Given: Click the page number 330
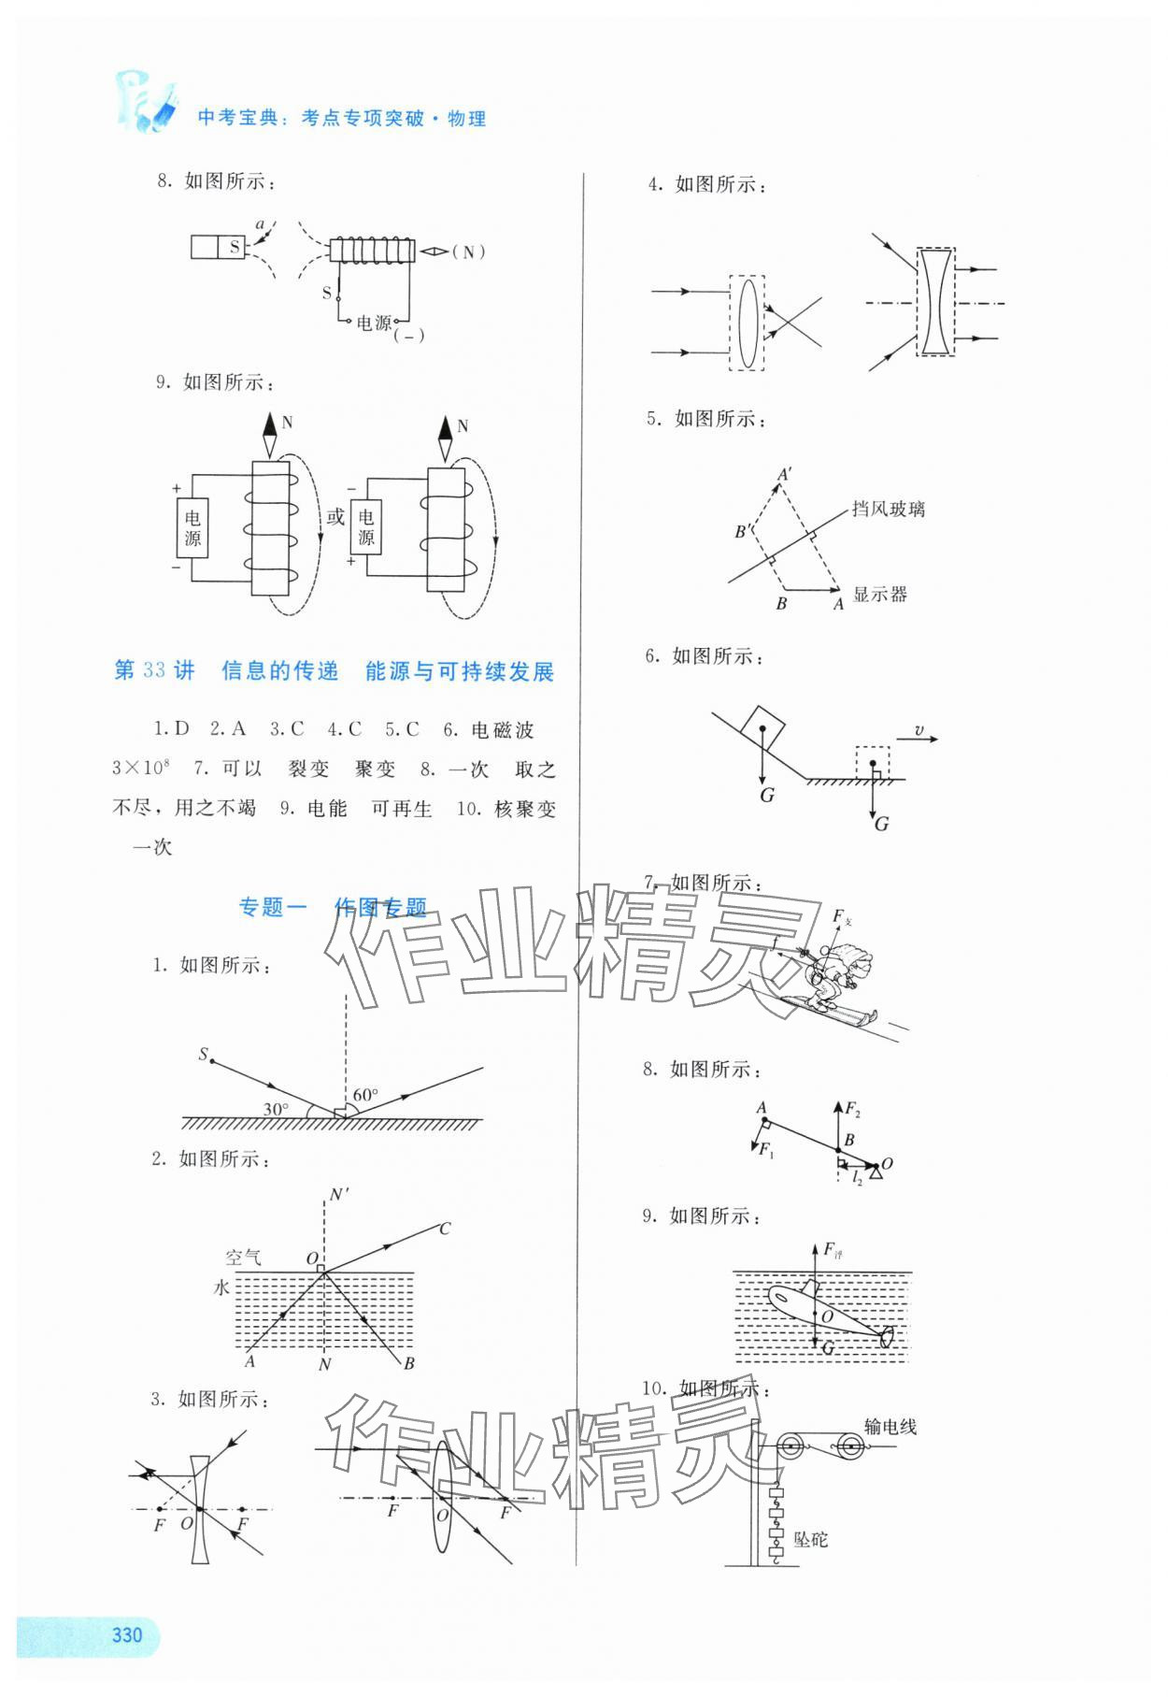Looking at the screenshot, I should click(x=126, y=1633).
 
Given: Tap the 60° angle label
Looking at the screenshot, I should click(x=365, y=1094).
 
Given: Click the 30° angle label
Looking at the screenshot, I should click(x=275, y=1109).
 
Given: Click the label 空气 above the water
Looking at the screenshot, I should click(x=243, y=1258).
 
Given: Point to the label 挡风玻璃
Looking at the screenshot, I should click(x=888, y=510).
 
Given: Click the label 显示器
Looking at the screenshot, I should click(x=879, y=595).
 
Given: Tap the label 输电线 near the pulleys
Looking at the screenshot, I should click(x=890, y=1426).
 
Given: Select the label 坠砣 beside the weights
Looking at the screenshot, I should click(x=810, y=1539).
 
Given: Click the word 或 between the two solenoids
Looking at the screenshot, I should click(x=335, y=517).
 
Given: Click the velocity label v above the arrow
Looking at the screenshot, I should click(x=919, y=730).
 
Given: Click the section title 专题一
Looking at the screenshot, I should click(x=273, y=907).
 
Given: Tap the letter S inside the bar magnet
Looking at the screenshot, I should click(x=235, y=247).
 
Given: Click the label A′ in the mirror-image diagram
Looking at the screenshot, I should click(x=785, y=475).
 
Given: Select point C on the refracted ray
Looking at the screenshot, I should click(x=445, y=1228).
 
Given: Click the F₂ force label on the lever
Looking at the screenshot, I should click(x=852, y=1110).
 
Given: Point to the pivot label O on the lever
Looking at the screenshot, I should click(x=887, y=1164).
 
